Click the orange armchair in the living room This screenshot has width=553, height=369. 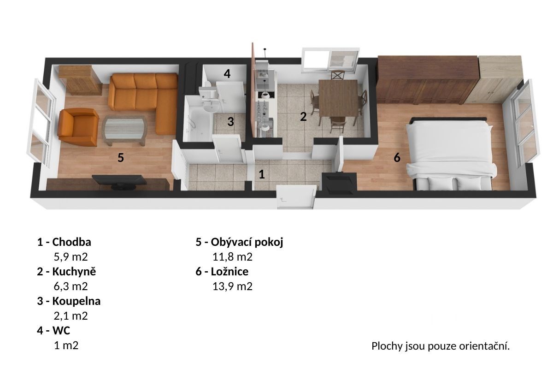[78, 127]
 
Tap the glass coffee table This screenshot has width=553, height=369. [125, 130]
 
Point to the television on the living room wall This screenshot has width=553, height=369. [119, 181]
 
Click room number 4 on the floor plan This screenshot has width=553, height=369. [227, 73]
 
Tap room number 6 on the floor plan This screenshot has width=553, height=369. [397, 157]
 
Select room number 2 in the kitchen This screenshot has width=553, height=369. [303, 116]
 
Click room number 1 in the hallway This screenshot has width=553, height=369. [262, 174]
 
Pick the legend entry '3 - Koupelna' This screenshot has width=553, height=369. [69, 301]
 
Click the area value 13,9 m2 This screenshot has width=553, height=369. [233, 286]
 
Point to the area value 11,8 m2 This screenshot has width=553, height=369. [233, 257]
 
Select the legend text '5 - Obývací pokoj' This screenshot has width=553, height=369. [240, 242]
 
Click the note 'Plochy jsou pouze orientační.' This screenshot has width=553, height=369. [441, 346]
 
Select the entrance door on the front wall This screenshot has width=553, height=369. [296, 197]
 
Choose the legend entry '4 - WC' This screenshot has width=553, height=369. [53, 330]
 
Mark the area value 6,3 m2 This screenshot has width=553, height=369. [71, 286]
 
